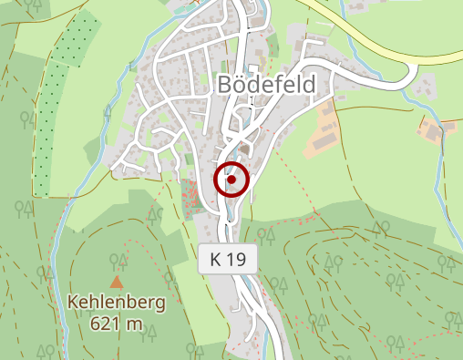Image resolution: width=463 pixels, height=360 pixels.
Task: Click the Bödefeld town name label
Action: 266,85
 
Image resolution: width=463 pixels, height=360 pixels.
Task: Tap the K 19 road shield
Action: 228,260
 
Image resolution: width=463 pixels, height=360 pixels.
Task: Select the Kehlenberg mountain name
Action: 118,303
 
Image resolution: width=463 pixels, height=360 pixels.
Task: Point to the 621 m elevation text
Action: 118,323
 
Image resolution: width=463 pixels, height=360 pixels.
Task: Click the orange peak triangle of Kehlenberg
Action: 117,283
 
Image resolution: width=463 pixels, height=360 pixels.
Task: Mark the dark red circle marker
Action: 231,180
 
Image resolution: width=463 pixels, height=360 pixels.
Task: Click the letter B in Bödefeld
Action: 225,85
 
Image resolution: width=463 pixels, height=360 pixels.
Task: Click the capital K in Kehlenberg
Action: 74,303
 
